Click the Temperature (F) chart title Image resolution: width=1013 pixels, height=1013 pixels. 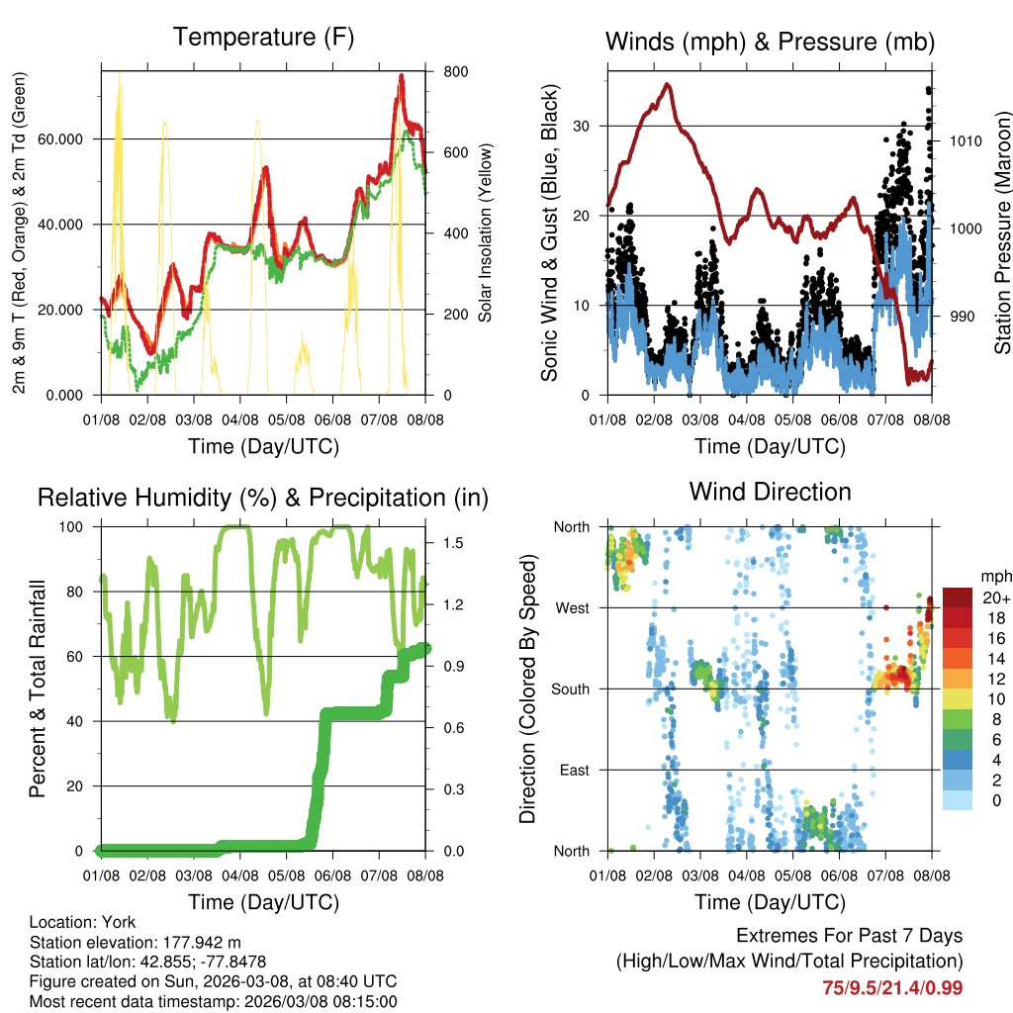[x=262, y=38]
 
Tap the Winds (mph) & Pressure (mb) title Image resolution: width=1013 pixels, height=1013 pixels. [x=770, y=42]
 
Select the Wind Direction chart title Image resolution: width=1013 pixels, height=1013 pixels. [x=770, y=491]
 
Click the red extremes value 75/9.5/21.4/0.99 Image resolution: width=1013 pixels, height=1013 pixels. [x=892, y=987]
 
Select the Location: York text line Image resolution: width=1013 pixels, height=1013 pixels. [x=82, y=921]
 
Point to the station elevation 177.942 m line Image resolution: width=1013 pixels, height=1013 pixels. [x=136, y=941]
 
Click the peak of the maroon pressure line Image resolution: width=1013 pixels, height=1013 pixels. [x=668, y=85]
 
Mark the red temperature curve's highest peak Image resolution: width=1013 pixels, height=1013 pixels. [x=402, y=76]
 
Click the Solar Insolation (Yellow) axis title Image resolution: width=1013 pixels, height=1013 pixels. [x=486, y=232]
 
